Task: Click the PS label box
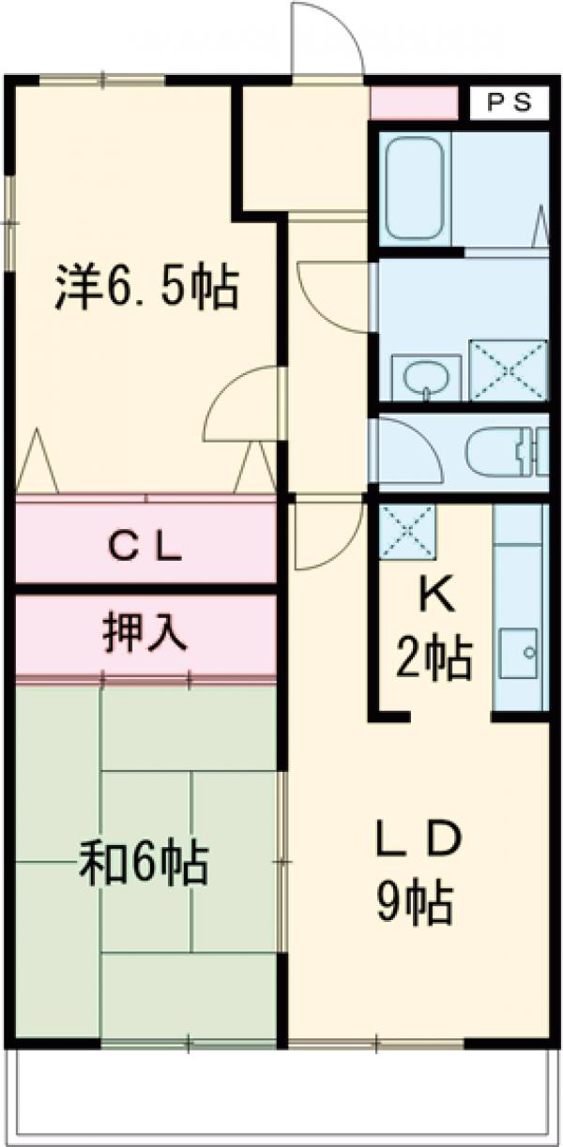click(x=509, y=101)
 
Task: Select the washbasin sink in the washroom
click(x=425, y=378)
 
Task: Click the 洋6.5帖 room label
click(x=145, y=288)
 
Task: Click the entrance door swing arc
click(x=326, y=38)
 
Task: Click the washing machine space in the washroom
click(x=508, y=370)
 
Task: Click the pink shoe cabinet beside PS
click(x=414, y=102)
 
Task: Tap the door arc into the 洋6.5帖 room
click(x=242, y=403)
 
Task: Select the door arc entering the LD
click(x=327, y=535)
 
